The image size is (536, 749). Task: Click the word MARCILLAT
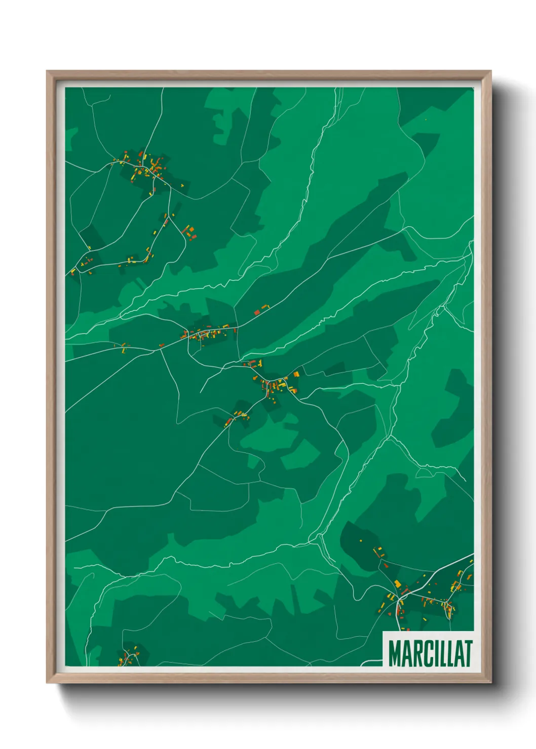[430, 653]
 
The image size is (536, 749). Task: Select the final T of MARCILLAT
[468, 653]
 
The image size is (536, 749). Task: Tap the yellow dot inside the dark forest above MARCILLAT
[361, 540]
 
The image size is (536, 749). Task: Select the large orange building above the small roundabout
[398, 584]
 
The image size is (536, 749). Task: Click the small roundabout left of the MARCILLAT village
[400, 599]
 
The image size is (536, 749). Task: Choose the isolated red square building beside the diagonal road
[256, 312]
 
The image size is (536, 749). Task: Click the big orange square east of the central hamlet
[296, 374]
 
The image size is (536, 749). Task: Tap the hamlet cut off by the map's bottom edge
[129, 656]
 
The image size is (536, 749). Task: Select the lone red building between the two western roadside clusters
[162, 346]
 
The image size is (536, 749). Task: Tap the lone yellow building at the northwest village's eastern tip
[182, 185]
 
